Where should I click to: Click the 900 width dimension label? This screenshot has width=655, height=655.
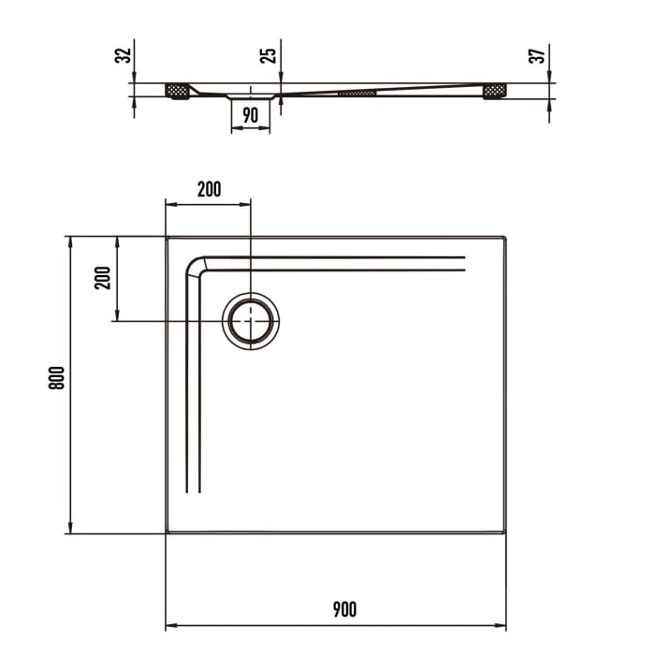pyautogui.click(x=344, y=610)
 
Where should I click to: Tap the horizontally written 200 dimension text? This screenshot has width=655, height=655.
pyautogui.click(x=209, y=189)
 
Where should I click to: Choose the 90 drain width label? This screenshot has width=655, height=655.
pyautogui.click(x=250, y=116)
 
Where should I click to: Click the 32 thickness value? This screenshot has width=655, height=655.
pyautogui.click(x=121, y=55)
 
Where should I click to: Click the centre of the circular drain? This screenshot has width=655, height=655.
pyautogui.click(x=251, y=321)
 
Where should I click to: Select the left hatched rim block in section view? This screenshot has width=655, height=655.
pyautogui.click(x=177, y=91)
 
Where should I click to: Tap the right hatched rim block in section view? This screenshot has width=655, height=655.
pyautogui.click(x=494, y=91)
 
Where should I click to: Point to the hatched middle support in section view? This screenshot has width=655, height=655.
pyautogui.click(x=357, y=93)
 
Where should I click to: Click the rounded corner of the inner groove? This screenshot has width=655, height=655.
pyautogui.click(x=195, y=265)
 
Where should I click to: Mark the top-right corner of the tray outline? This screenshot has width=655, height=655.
pyautogui.click(x=505, y=238)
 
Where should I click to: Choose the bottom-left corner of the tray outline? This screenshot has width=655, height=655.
pyautogui.click(x=167, y=532)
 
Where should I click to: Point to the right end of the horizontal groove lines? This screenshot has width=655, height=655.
pyautogui.click(x=464, y=263)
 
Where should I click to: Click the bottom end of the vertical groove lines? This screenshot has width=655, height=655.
pyautogui.click(x=193, y=491)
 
